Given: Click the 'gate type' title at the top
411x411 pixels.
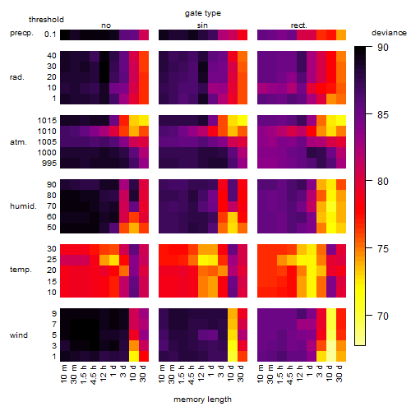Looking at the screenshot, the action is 203,13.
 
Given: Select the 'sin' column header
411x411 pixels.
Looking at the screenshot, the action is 202,25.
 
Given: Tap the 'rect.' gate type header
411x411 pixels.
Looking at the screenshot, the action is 298,25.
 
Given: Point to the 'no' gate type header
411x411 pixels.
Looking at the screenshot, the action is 106,25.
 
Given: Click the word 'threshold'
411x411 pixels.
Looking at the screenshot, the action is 46,20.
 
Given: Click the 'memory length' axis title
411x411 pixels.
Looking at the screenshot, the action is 202,399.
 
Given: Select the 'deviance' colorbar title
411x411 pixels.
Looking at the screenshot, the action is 389,33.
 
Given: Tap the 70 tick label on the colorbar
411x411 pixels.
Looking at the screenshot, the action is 383,316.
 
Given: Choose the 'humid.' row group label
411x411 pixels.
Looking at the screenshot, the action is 23,206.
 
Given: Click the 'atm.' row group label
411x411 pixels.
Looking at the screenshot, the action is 18,142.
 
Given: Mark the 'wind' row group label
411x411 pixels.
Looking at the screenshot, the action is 19,335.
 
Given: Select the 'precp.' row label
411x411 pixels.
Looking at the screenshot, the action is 21,33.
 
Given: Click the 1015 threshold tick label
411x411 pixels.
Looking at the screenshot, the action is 47,121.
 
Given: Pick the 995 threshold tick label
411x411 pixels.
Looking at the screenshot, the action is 49,164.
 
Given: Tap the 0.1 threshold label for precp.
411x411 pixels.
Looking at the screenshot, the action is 50,35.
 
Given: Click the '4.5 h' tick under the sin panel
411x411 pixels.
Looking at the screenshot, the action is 192,374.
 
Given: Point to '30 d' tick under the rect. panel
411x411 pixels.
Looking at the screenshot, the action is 339,373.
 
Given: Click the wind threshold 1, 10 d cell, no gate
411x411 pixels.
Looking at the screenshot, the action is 134,356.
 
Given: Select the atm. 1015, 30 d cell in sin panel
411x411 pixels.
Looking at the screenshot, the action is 242,121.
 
